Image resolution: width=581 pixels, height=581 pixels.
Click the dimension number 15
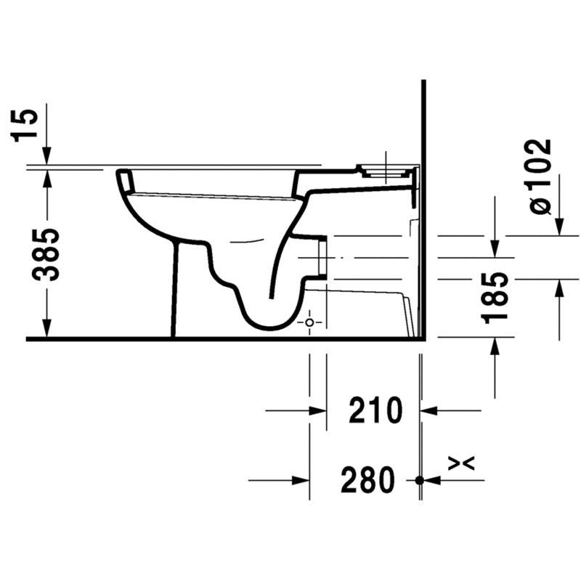pyautogui.click(x=25, y=126)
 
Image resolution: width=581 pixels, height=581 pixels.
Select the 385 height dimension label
pyautogui.click(x=46, y=255)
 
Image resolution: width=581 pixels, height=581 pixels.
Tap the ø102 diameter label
pyautogui.click(x=540, y=176)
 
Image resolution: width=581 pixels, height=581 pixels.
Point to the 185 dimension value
pyautogui.click(x=495, y=298)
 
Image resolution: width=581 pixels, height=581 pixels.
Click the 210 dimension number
pyautogui.click(x=375, y=410)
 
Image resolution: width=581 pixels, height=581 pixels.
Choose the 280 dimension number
pyautogui.click(x=367, y=480)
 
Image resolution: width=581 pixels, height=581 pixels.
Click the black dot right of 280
pyautogui.click(x=420, y=480)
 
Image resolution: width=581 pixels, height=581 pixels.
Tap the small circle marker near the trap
pyautogui.click(x=309, y=322)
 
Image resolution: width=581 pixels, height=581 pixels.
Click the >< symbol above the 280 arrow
pyautogui.click(x=461, y=463)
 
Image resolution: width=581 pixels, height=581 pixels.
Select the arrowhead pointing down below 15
pyautogui.click(x=46, y=155)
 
